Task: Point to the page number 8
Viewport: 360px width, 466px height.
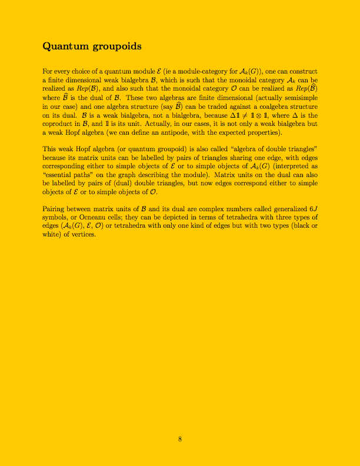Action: pyautogui.click(x=180, y=438)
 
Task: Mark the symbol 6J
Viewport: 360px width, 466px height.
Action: pyautogui.click(x=312, y=209)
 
